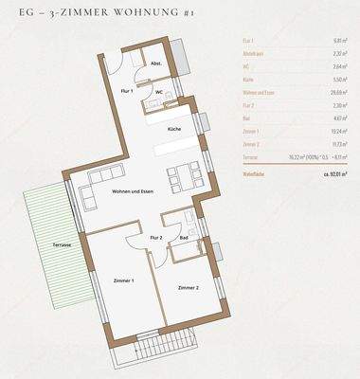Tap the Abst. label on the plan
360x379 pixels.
[x=155, y=64]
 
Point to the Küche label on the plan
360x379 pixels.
[x=174, y=127]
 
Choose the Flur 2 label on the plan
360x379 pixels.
[x=157, y=237]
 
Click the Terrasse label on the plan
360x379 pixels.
[x=62, y=244]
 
